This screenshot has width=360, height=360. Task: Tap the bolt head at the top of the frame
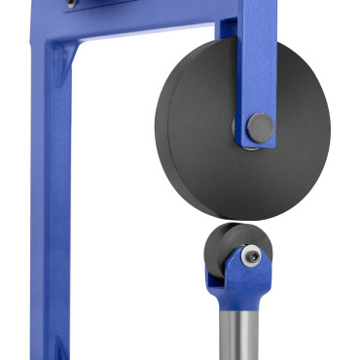(71, 6)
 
